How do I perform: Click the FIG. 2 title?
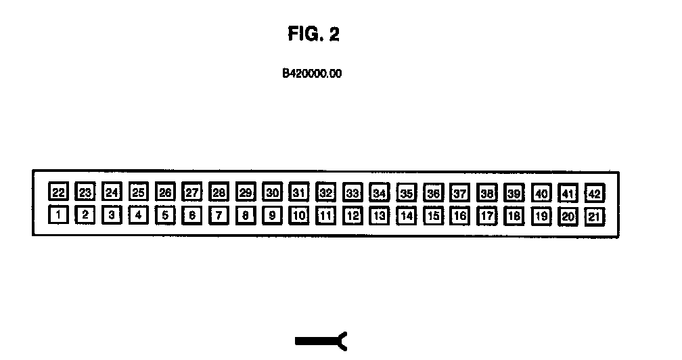click(x=313, y=35)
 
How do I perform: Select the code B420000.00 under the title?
click(x=312, y=74)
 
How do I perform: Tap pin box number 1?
click(x=59, y=216)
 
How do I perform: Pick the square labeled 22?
click(x=59, y=193)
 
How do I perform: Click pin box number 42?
click(x=595, y=194)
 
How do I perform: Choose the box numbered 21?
click(x=595, y=217)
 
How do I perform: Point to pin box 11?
click(x=326, y=217)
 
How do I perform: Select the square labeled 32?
click(x=326, y=193)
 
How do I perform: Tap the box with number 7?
click(x=219, y=217)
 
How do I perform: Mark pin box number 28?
click(x=219, y=193)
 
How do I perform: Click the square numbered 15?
click(x=434, y=217)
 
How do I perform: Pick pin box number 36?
click(x=434, y=194)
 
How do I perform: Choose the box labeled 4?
click(x=139, y=216)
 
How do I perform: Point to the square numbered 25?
click(x=139, y=193)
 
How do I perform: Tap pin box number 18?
click(x=514, y=217)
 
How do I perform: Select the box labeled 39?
click(x=514, y=194)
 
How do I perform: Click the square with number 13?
click(x=380, y=217)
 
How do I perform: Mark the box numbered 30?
click(x=273, y=193)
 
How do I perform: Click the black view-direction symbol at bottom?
click(x=321, y=341)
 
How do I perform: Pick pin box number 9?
click(x=273, y=217)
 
